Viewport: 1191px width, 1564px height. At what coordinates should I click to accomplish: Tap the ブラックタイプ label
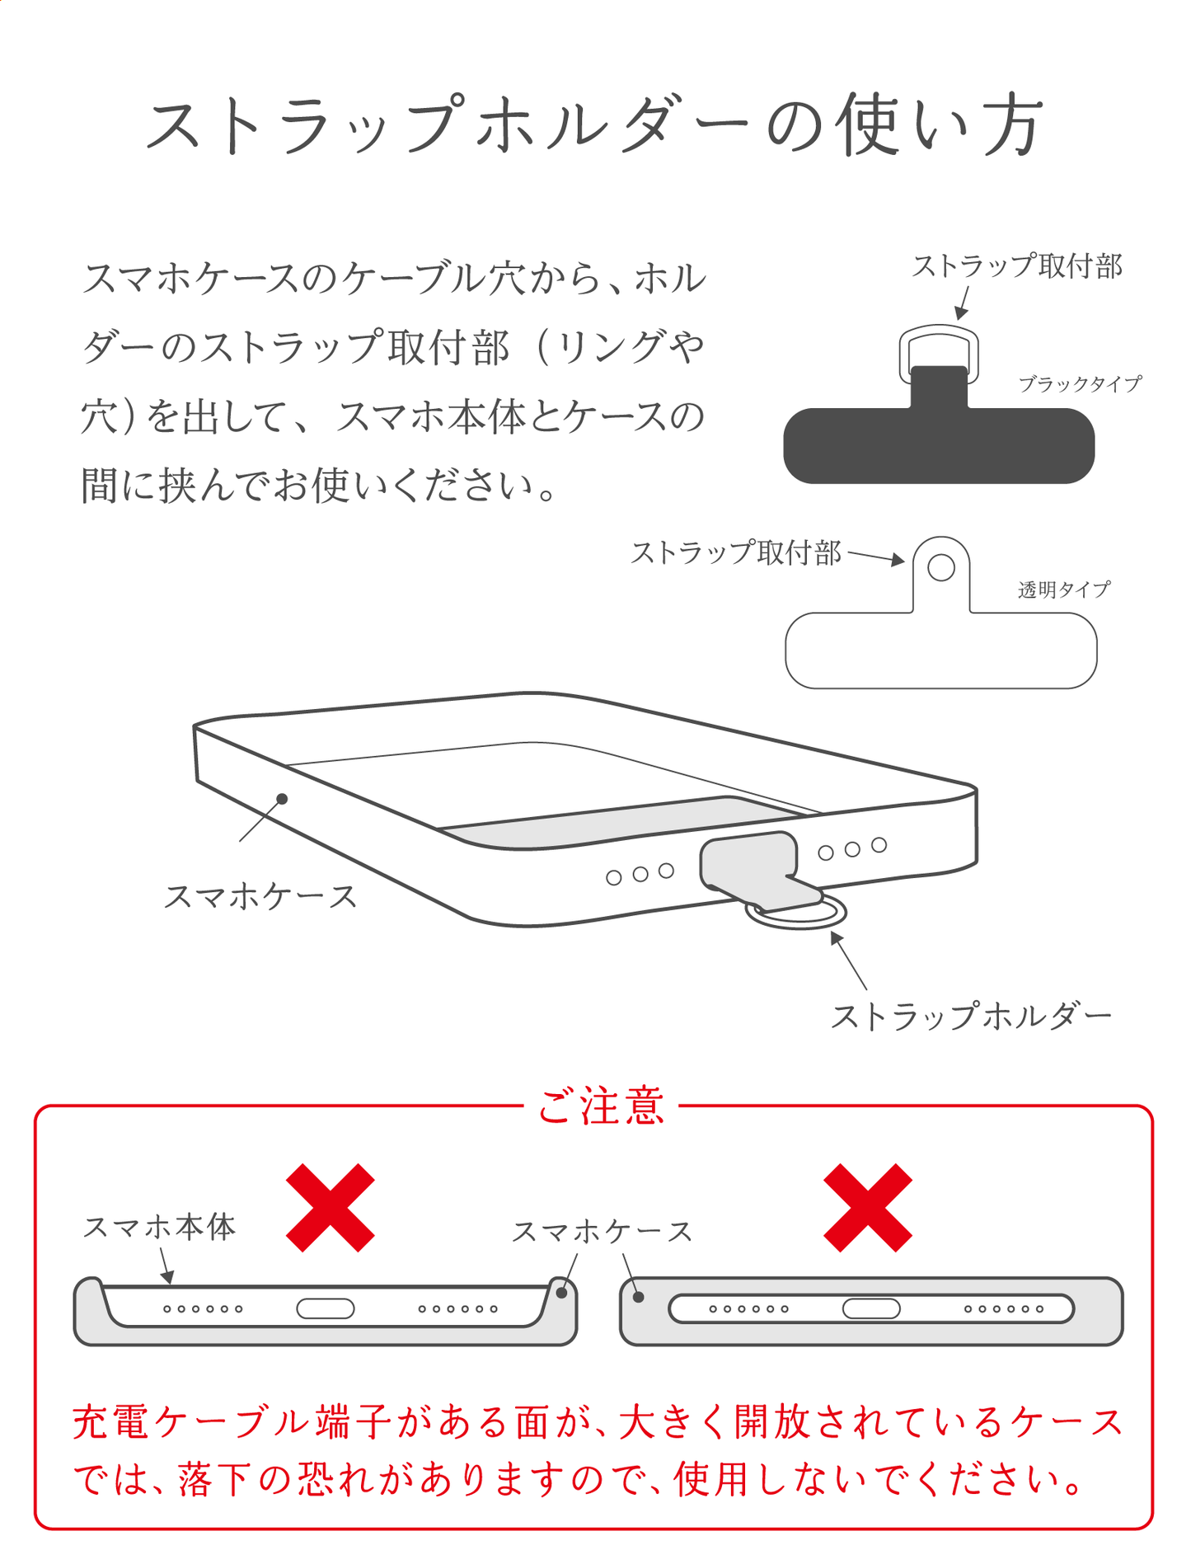coord(1080,384)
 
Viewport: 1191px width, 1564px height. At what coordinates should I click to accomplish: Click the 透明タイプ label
coord(1064,589)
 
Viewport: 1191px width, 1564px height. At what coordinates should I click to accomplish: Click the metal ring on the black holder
coord(939,329)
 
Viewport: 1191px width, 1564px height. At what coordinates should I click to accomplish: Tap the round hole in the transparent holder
coord(941,567)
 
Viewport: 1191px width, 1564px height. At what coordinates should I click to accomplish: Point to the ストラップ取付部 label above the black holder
coord(1017,266)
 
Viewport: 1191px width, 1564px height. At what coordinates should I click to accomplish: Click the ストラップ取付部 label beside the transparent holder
coord(736,552)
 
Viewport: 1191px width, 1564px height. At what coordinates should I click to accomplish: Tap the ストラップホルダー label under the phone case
coord(972,1016)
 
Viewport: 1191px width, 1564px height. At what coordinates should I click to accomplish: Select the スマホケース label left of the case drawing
coord(260,896)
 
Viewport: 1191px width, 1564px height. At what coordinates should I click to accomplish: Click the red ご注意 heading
coord(601,1106)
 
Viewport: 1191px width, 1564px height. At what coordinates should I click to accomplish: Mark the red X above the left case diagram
coord(331,1208)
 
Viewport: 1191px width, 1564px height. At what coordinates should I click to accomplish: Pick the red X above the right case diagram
coord(868,1208)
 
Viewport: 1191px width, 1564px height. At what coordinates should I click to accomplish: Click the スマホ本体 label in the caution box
coord(159,1227)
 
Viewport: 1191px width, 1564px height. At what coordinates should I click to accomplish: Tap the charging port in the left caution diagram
coord(326,1308)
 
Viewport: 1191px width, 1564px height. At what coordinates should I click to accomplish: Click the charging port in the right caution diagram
coord(871,1308)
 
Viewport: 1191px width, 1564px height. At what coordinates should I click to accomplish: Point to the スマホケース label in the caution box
coord(603,1232)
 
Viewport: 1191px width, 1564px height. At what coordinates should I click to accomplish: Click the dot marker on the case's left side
coord(282,799)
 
